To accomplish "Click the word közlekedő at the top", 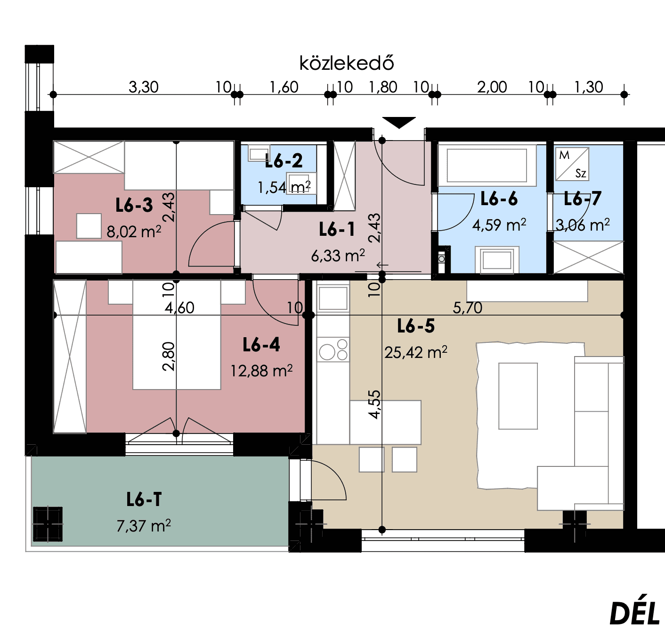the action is click(x=347, y=63).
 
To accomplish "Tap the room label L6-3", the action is click(x=134, y=205).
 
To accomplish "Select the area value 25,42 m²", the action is click(x=416, y=352).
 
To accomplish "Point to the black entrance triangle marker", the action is click(x=399, y=123).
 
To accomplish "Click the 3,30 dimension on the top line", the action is click(x=144, y=87).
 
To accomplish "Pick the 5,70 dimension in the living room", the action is click(x=468, y=308).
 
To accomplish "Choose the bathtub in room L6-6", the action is click(x=487, y=166).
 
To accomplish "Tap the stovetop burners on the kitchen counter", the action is click(x=333, y=349).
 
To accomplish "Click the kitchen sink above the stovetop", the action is click(x=333, y=298).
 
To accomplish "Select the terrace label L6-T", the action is click(x=144, y=499).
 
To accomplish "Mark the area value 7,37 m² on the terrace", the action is click(x=144, y=526).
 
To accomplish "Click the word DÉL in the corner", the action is click(x=634, y=614).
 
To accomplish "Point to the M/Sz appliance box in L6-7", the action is click(x=572, y=164).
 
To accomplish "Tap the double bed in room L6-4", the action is click(x=177, y=335).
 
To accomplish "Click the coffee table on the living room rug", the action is click(x=518, y=396).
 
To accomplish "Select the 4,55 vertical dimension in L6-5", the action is click(x=374, y=405).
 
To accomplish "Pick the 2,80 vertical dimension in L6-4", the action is click(x=169, y=357).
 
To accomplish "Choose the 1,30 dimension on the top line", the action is click(x=589, y=87).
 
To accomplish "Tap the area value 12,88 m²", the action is click(x=261, y=371).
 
